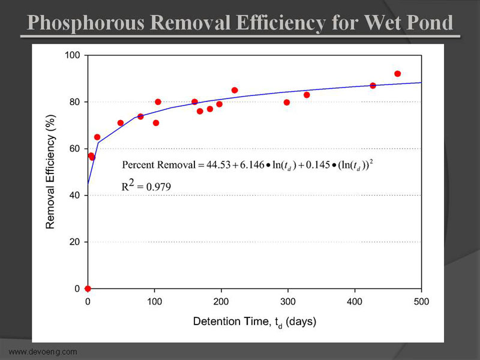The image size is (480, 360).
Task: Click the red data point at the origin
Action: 88,289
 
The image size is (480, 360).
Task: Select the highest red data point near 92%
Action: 397,74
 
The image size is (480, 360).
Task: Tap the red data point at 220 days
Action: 235,91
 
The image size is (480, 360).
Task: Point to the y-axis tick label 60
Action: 76,149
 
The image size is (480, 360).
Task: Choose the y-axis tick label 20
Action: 76,242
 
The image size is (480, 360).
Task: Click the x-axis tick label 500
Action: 422,301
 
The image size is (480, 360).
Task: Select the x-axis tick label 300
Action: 288,301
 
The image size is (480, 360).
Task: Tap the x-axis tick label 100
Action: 154,301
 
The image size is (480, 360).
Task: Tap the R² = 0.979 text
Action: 146,186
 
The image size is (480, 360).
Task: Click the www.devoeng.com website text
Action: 43,352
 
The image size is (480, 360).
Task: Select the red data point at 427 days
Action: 373,86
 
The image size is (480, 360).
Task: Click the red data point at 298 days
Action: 287,103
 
